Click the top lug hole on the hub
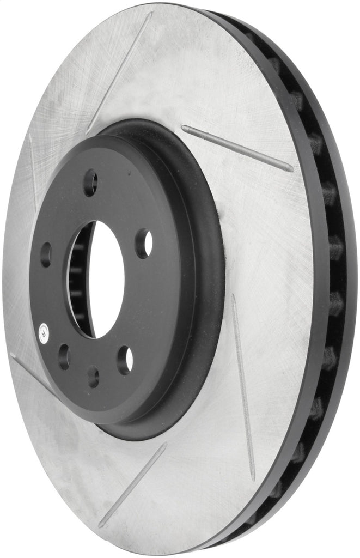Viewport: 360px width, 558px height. pos(90,183)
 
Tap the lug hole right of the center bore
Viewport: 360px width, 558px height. pos(144,244)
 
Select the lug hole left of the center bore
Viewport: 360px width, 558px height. pos(46,254)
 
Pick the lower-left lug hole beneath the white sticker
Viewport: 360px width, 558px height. pos(64,357)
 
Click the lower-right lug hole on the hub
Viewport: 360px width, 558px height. pos(125,360)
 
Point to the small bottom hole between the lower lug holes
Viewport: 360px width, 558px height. pos(93,377)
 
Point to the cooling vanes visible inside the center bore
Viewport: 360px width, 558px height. pos(77,283)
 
